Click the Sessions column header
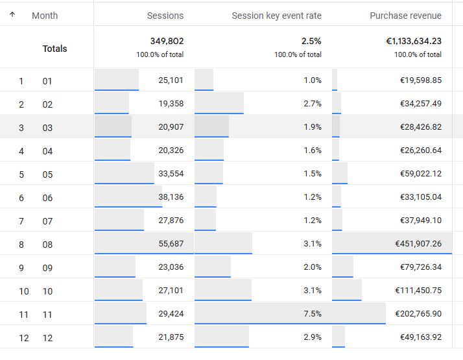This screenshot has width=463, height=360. point(165,16)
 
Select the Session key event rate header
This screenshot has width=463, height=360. point(276,16)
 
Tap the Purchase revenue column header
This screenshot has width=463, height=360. point(405,16)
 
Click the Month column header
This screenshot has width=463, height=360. point(45,16)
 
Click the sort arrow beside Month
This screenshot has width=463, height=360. point(13,15)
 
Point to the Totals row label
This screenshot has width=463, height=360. point(54,49)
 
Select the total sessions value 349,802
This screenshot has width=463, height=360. point(167,42)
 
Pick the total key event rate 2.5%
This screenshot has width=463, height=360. point(311,42)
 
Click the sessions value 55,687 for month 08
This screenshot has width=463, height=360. point(171,244)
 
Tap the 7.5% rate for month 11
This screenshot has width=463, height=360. point(312,314)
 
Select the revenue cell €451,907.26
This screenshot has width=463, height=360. point(418,244)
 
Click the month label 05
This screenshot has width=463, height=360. point(47,174)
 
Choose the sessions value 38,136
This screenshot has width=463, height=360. point(171,197)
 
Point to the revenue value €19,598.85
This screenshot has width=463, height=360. point(420,80)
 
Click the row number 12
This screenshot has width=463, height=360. point(23,338)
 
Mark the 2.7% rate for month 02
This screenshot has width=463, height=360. point(312,104)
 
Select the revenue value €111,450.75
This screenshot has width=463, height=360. point(418,291)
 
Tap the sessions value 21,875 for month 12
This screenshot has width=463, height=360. point(171,337)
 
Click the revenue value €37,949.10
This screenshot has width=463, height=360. point(420,221)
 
